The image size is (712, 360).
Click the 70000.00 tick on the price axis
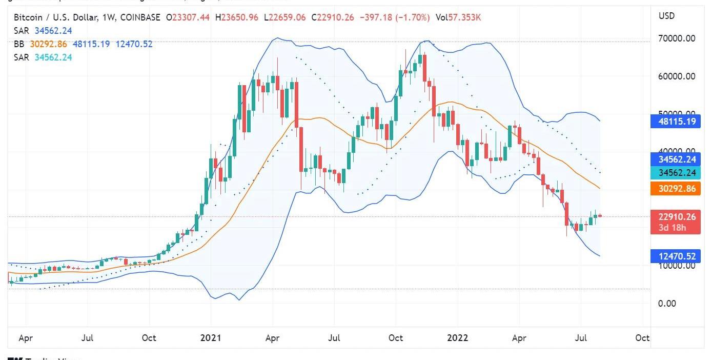(x=677, y=38)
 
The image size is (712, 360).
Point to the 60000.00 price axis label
(x=677, y=76)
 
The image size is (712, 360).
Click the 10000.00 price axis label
(x=677, y=266)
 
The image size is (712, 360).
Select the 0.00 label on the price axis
(x=667, y=304)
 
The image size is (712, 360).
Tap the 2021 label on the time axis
(x=211, y=338)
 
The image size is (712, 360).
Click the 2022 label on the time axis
(x=458, y=338)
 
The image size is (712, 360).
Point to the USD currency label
(x=666, y=16)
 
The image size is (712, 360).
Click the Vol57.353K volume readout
(x=458, y=17)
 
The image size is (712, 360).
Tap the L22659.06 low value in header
(x=285, y=17)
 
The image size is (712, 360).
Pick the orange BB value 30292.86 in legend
(x=48, y=44)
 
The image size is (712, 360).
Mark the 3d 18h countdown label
(x=673, y=228)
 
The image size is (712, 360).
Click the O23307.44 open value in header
(x=188, y=17)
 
